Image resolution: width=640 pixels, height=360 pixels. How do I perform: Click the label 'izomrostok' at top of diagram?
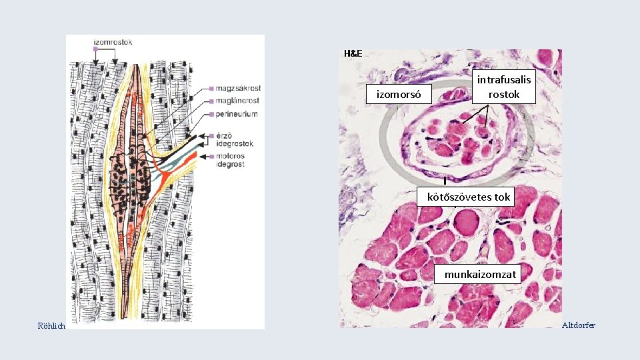click(113, 42)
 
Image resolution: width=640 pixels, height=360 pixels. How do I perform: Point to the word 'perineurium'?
click(237, 115)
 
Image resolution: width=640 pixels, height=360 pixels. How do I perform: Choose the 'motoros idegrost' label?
click(231, 159)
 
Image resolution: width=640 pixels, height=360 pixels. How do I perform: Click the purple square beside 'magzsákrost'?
click(211, 88)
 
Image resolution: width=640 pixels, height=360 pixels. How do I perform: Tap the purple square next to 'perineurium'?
click(211, 115)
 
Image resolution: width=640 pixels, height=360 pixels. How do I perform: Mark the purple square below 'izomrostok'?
click(96, 50)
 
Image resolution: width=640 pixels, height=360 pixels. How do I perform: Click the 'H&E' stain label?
click(353, 53)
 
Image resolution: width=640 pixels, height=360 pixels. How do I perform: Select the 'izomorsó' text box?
click(399, 95)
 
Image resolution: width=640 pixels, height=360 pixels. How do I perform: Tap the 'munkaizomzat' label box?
click(477, 274)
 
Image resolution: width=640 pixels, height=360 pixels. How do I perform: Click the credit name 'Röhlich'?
click(51, 325)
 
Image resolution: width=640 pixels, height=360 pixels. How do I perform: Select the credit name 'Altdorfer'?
click(579, 325)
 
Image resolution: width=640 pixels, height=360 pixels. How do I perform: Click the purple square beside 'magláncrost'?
click(211, 101)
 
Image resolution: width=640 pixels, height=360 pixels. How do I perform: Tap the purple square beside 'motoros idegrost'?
click(211, 155)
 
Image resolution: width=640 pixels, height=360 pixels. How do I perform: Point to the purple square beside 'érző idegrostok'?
click(211, 135)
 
